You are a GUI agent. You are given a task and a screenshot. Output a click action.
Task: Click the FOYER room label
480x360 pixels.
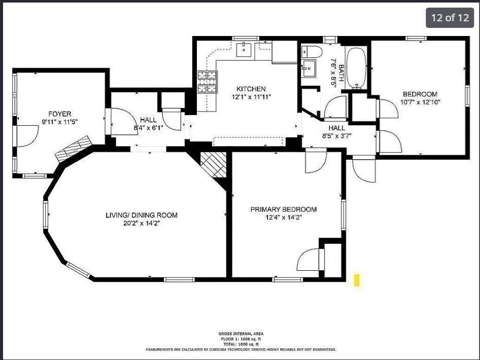pos(59,114)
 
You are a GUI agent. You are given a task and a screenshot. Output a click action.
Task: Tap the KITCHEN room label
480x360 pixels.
pos(251,89)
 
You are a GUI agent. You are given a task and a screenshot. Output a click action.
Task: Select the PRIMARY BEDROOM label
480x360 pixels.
pos(283,209)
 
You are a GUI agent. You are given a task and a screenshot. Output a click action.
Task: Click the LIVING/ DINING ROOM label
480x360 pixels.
pos(142,215)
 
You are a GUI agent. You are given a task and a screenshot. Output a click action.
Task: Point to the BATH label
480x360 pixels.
pos(341,74)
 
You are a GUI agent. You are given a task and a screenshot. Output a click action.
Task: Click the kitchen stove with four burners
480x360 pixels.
pos(207,82)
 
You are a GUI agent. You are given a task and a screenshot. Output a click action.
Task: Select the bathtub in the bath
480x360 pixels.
pos(357,68)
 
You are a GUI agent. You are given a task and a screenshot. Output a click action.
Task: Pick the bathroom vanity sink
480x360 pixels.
pos(308,68)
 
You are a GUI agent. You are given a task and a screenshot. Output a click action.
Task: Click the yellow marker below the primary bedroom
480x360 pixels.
pos(357,280)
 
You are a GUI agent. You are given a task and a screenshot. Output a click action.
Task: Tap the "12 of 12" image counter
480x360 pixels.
pos(450,18)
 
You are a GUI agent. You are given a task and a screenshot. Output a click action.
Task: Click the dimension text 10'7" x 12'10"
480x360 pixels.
pos(420,102)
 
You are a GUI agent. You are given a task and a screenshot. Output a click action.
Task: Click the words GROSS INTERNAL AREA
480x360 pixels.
pos(241,334)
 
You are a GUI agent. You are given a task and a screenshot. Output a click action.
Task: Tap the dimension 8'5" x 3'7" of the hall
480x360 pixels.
pos(336,136)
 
